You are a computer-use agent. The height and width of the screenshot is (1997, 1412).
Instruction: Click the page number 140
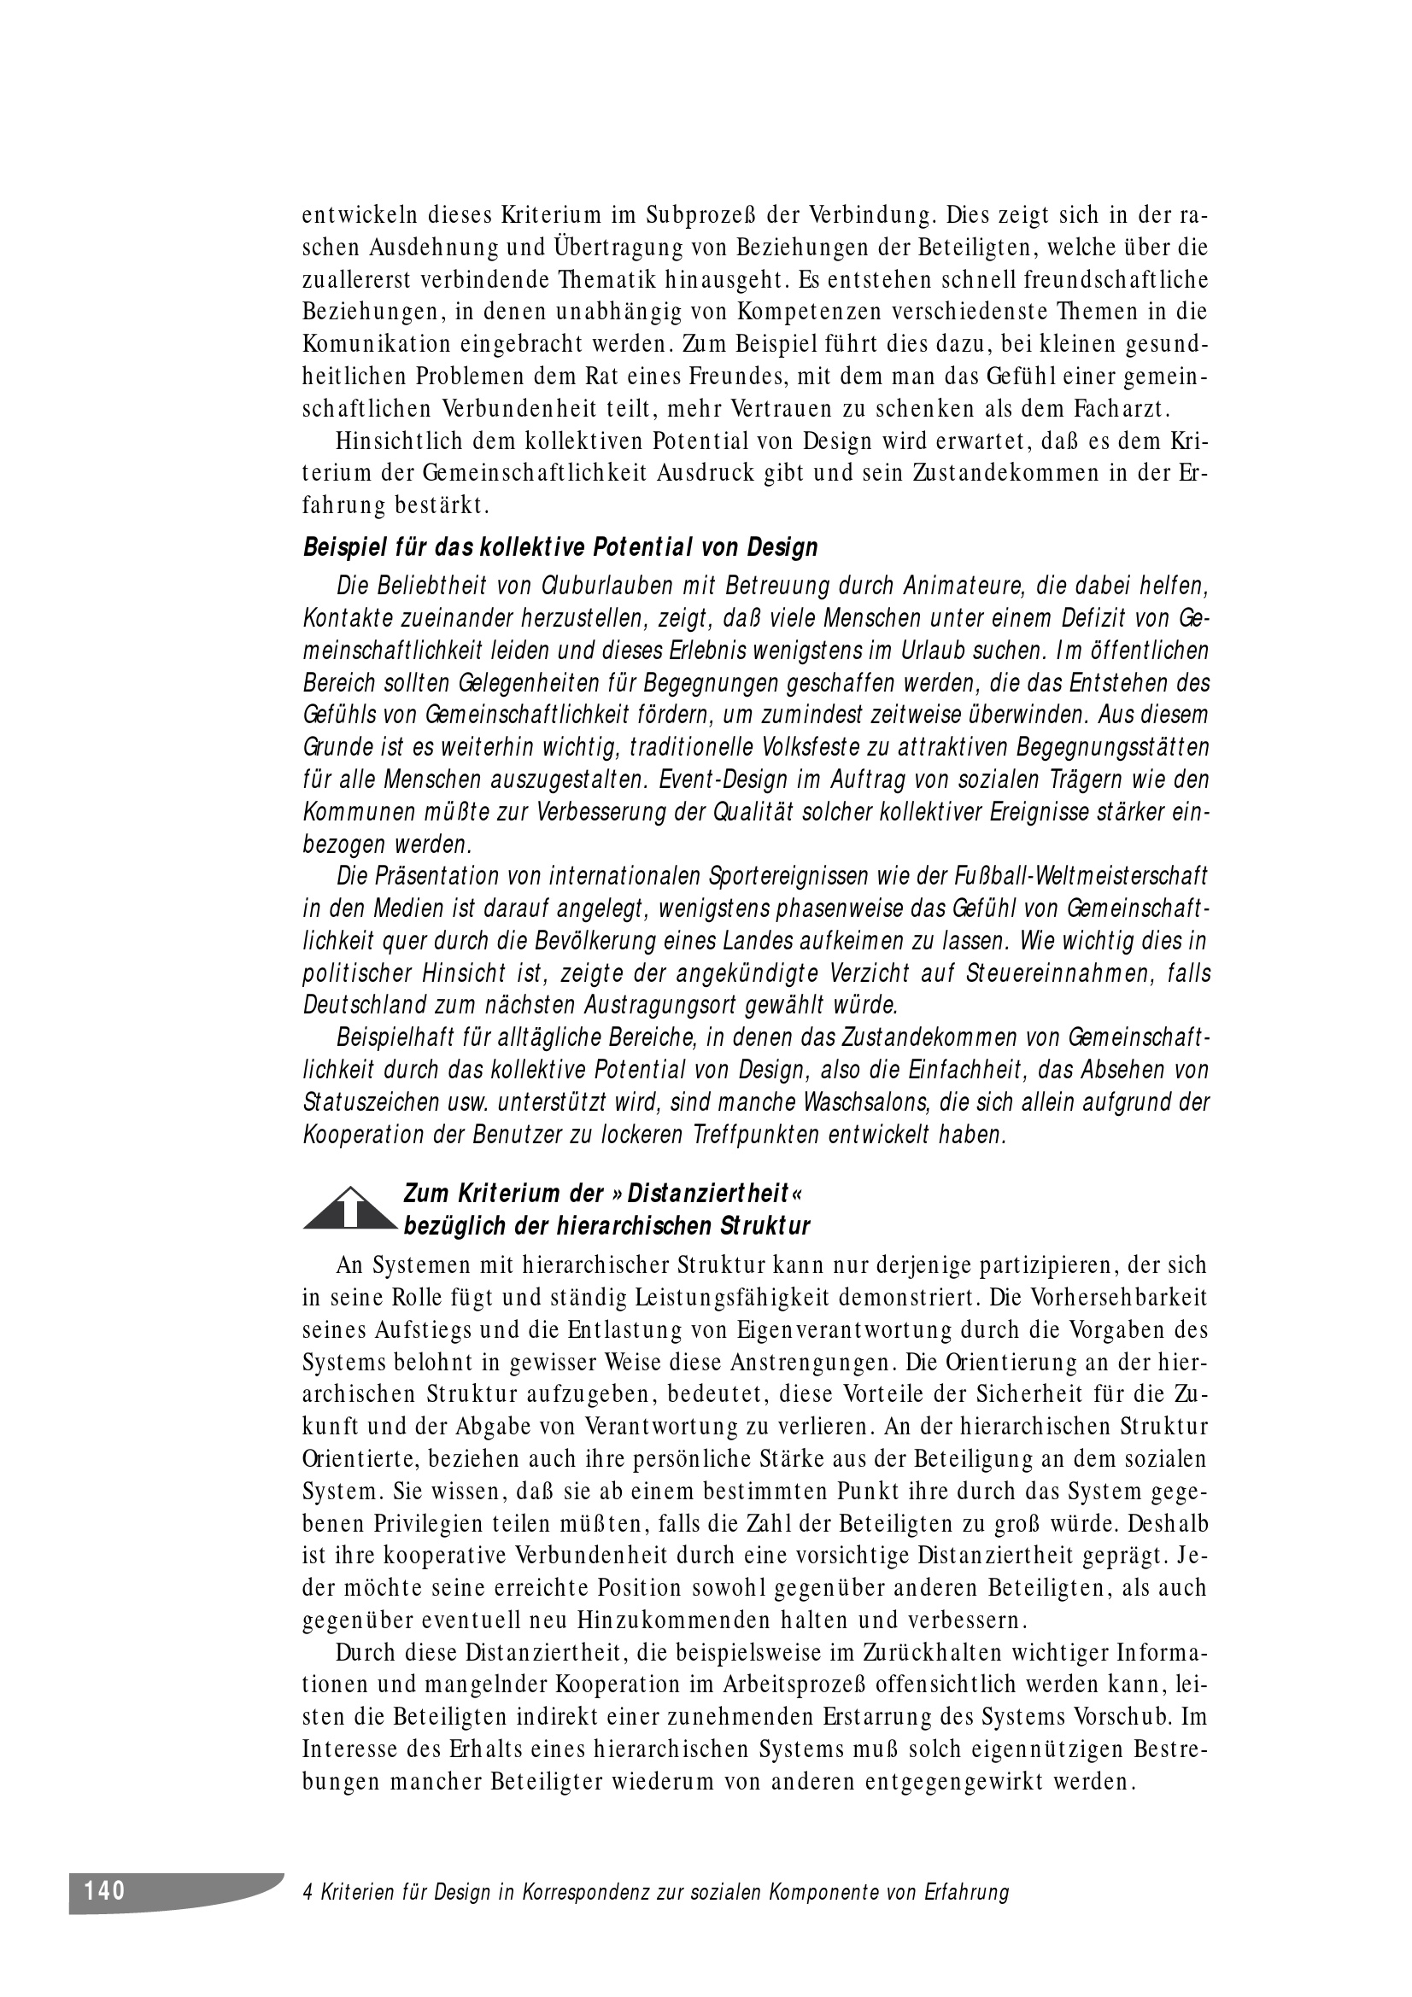[105, 1890]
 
